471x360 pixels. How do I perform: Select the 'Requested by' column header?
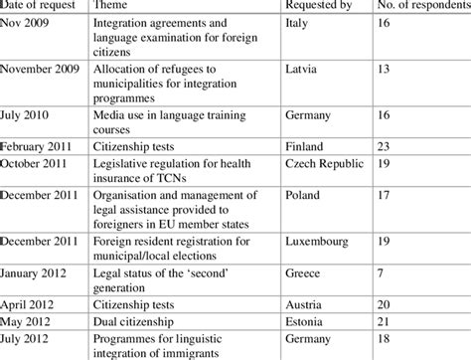pyautogui.click(x=319, y=7)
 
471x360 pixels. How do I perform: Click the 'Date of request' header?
pyautogui.click(x=37, y=7)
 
